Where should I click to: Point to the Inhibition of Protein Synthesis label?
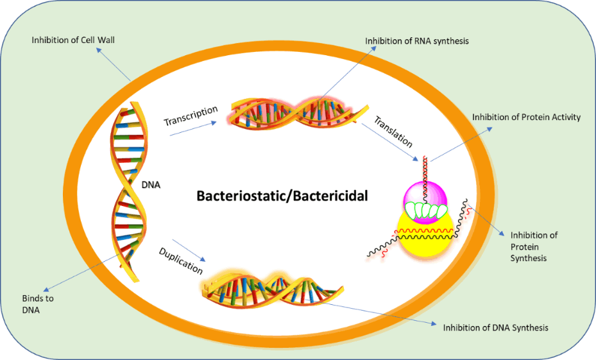[533, 246]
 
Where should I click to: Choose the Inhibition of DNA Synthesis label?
[495, 327]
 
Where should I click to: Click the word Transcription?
[191, 116]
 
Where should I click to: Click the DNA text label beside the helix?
[151, 185]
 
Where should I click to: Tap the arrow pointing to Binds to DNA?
[84, 272]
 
